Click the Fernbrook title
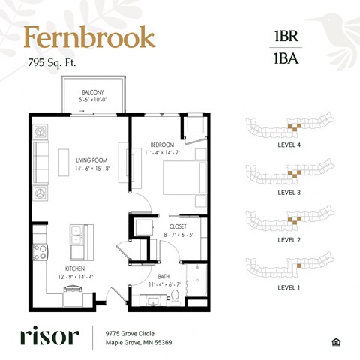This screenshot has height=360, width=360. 89,37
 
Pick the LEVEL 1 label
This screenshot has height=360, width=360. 289,287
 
